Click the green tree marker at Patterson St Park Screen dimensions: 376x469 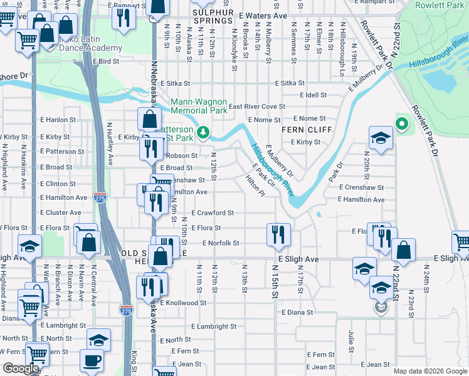(203, 132)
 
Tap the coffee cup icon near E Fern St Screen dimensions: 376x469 (92, 361)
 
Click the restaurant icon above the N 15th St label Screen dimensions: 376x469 (277, 234)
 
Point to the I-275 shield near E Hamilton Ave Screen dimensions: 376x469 (99, 196)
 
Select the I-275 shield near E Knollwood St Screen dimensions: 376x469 (125, 308)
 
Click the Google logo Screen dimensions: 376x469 (21, 368)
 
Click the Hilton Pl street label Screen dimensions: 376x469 (255, 186)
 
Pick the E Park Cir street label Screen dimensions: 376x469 (263, 175)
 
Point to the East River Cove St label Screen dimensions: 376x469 (256, 107)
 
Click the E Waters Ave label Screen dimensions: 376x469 (263, 14)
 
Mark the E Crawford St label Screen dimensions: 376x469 (213, 213)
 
